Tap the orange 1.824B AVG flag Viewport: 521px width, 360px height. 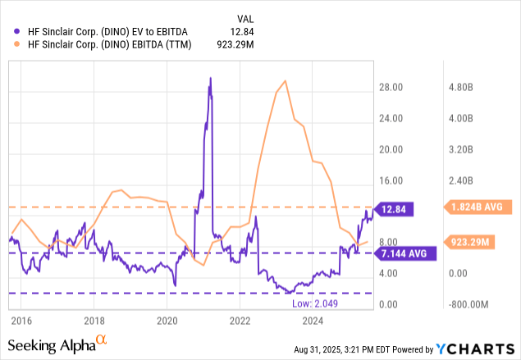(476, 207)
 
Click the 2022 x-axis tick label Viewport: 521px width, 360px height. (240, 320)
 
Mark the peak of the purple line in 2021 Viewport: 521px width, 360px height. (210, 79)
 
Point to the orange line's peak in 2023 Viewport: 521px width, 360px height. (284, 80)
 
